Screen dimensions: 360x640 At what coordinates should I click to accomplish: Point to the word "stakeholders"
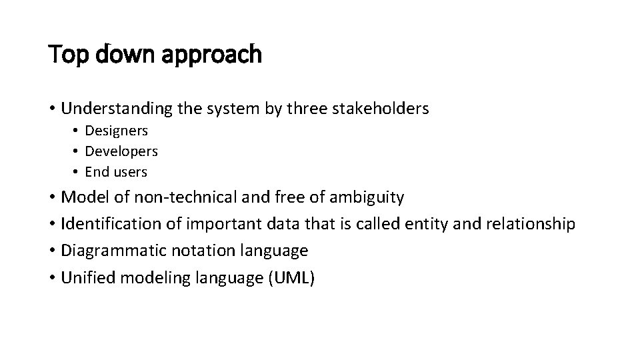pyautogui.click(x=382, y=108)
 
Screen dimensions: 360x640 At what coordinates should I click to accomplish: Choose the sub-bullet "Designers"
pyautogui.click(x=117, y=131)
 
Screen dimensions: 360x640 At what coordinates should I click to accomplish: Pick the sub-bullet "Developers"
pyautogui.click(x=121, y=151)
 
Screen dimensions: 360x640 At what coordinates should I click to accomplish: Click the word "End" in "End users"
pyautogui.click(x=97, y=172)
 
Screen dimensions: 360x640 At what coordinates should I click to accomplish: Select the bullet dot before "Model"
pyautogui.click(x=52, y=198)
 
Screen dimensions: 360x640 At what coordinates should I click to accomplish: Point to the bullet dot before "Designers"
pyautogui.click(x=76, y=131)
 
